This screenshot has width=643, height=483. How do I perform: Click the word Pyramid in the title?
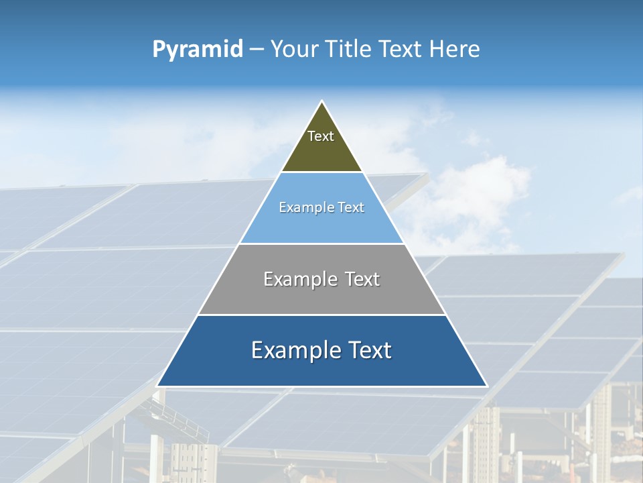coord(198,50)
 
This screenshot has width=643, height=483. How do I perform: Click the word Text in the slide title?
coord(401,49)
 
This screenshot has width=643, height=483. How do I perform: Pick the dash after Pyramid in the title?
coord(257,50)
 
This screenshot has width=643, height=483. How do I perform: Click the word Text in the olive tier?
coord(321,136)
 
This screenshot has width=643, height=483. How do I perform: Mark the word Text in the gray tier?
coord(362,279)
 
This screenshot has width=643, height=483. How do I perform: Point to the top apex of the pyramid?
coord(322,101)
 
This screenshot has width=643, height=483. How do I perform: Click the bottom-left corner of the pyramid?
coord(157,386)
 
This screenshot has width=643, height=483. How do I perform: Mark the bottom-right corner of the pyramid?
coord(487,386)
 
